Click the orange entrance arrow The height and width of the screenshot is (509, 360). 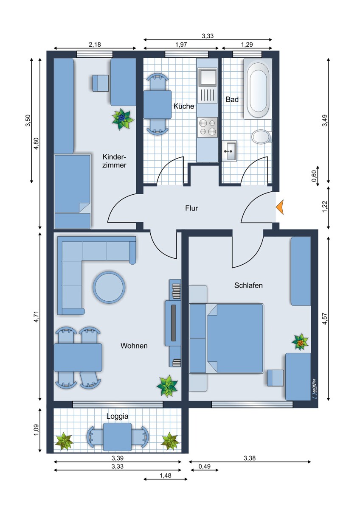[281, 207]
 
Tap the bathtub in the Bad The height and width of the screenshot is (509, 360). [258, 89]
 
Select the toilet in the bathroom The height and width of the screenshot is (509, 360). [261, 137]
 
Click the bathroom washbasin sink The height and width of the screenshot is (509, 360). [229, 151]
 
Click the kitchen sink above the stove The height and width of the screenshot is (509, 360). [208, 77]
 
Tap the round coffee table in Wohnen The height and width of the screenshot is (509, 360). [109, 287]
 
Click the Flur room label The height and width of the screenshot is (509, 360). [191, 208]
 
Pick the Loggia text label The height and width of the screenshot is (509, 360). [118, 417]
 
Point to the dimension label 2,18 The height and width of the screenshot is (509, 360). [95, 44]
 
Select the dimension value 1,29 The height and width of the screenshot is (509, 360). [247, 44]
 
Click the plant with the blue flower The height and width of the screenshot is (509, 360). [123, 118]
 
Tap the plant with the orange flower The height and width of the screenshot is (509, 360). [301, 341]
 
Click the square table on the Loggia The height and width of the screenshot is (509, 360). [118, 437]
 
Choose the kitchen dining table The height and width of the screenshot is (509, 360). [157, 104]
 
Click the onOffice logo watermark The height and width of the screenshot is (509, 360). [314, 389]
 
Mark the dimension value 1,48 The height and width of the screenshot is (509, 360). [166, 476]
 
